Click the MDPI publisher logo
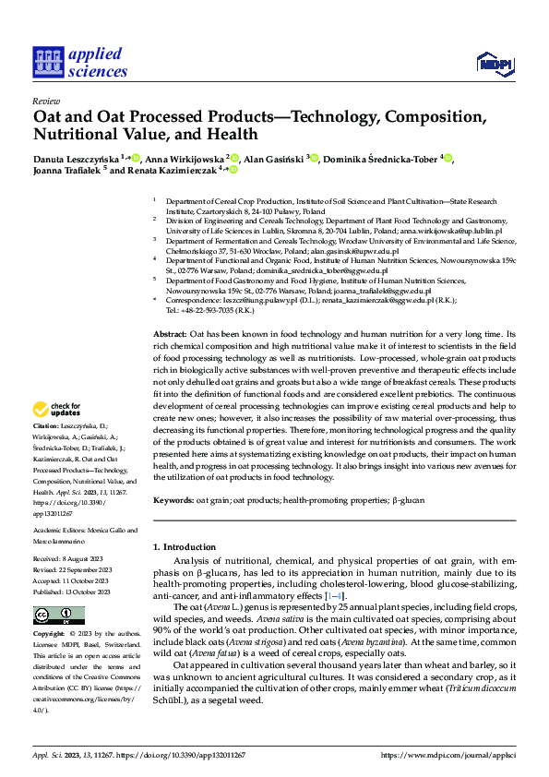[492, 63]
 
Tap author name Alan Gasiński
[279, 159]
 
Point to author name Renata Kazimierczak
[169, 171]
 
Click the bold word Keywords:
[173, 499]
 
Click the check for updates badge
[58, 410]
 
